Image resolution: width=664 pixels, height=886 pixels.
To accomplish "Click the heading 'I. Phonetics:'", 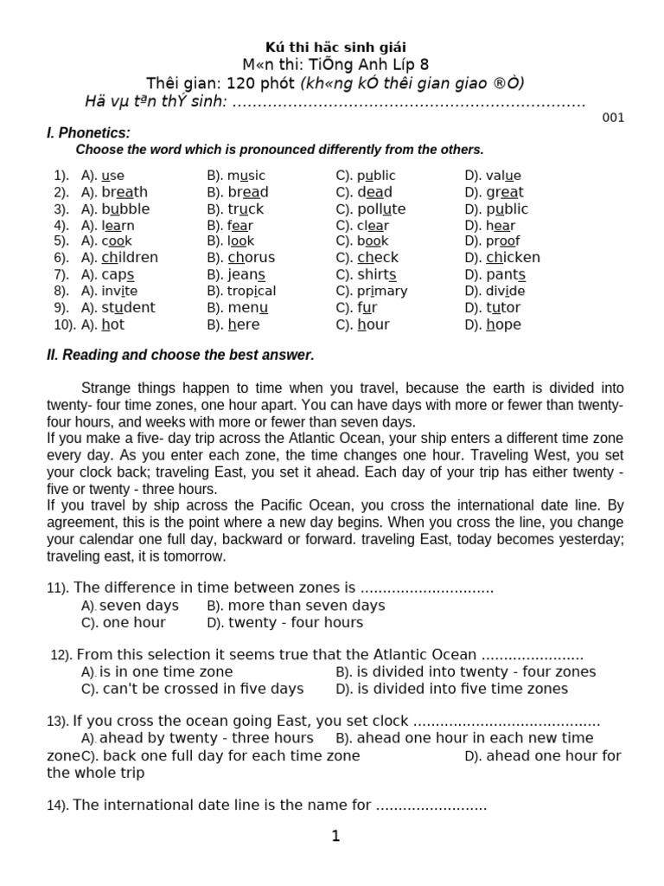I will coord(88,132).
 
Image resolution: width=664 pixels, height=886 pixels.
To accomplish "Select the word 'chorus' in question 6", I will coord(252,257).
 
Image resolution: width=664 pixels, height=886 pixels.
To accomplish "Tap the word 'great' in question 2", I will coord(505,192).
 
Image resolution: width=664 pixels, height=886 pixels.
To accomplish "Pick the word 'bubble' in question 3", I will coord(125,209).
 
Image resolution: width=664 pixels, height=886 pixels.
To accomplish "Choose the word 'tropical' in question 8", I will coord(252,291).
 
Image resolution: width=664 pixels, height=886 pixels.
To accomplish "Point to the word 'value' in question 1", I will coord(503,176).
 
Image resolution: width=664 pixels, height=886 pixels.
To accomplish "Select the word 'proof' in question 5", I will coord(503,241).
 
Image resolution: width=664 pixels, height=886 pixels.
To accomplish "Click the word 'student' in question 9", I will coord(128,307).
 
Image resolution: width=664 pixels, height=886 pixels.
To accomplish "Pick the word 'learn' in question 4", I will coord(118,225).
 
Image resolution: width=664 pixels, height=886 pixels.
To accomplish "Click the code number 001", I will coord(613,118).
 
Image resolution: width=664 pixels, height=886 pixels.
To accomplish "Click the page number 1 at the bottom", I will coord(335,836).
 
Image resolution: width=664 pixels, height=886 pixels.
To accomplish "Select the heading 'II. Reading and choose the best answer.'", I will coord(180,356).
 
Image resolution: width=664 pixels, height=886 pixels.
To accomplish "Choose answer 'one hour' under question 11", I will coord(133,622).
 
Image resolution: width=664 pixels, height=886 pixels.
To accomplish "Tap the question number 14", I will coord(57,806).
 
